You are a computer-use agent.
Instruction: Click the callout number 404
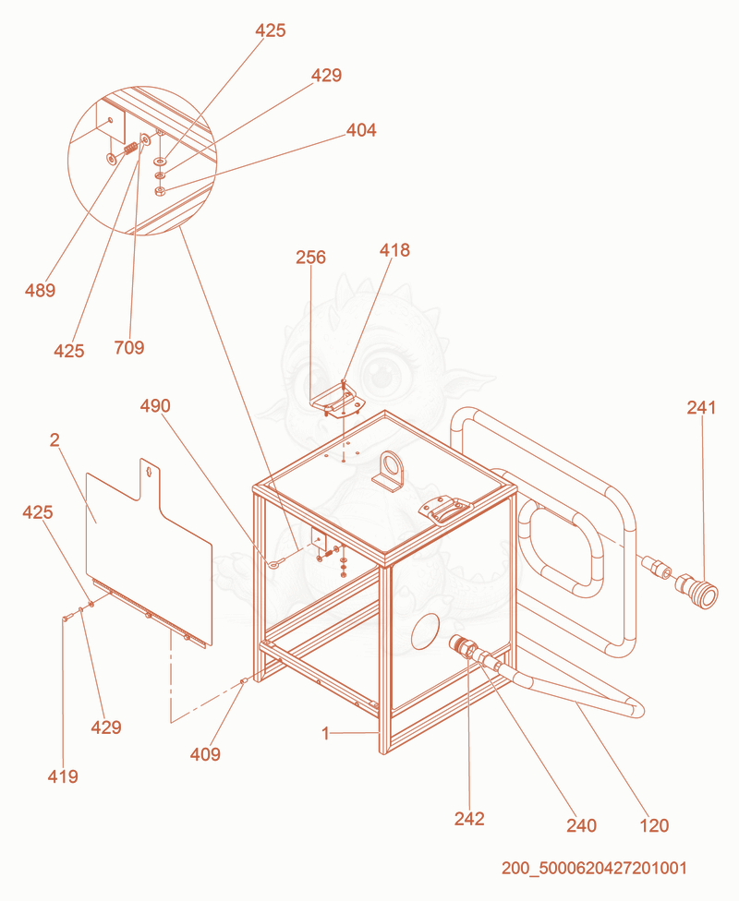pyautogui.click(x=361, y=130)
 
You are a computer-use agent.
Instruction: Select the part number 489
pyautogui.click(x=41, y=290)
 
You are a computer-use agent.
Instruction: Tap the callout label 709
pyautogui.click(x=128, y=348)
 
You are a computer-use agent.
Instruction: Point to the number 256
pyautogui.click(x=310, y=257)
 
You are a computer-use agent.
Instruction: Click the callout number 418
pyautogui.click(x=394, y=250)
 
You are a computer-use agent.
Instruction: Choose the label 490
pyautogui.click(x=155, y=406)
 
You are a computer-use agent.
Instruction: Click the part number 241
pyautogui.click(x=702, y=407)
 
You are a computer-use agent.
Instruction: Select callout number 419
pyautogui.click(x=63, y=776)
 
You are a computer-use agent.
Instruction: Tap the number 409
pyautogui.click(x=205, y=754)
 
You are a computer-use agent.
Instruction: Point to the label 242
pyautogui.click(x=469, y=819)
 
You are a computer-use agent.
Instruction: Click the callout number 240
pyautogui.click(x=581, y=825)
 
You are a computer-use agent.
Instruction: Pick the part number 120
pyautogui.click(x=654, y=825)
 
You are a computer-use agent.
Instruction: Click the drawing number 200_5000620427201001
pyautogui.click(x=594, y=868)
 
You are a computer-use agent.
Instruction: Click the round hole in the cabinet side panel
pyautogui.click(x=426, y=631)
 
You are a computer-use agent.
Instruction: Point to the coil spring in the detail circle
pyautogui.click(x=131, y=148)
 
